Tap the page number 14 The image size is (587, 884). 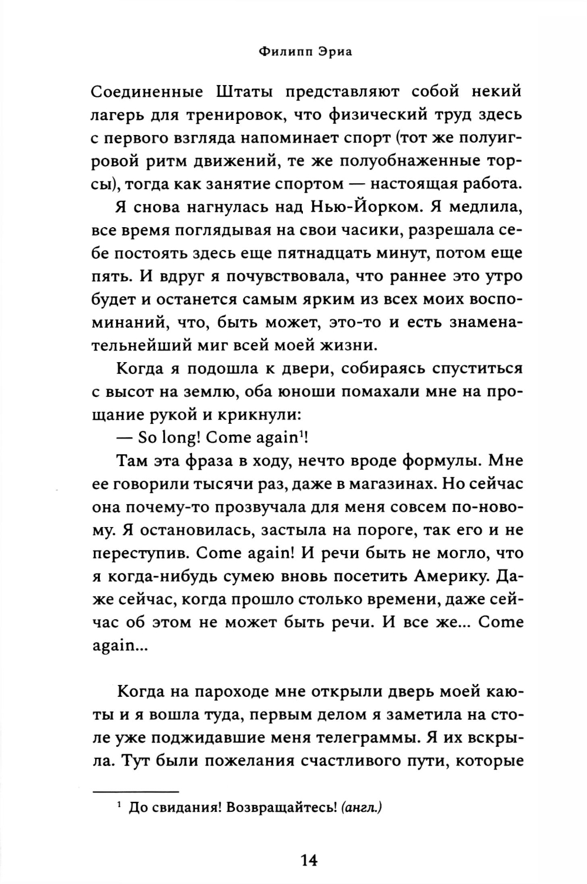tap(308, 860)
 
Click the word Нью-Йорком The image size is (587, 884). tap(363, 208)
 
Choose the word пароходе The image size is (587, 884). tap(229, 691)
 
